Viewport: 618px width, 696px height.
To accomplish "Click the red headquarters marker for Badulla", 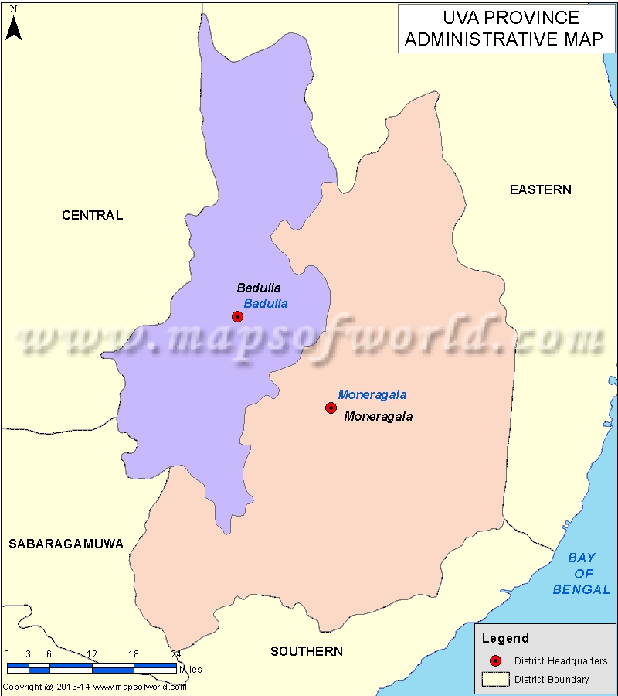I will (x=237, y=316).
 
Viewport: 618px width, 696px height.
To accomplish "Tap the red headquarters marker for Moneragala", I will (x=331, y=408).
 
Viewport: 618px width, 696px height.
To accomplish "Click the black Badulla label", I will (x=259, y=288).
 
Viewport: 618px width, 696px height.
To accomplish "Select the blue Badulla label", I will (x=266, y=303).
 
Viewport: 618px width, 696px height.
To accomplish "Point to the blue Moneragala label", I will (x=372, y=394).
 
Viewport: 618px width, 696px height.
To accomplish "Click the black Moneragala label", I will (x=379, y=416).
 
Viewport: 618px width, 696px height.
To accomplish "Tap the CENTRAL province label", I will (x=92, y=215).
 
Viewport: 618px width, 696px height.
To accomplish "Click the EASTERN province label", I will (x=541, y=189).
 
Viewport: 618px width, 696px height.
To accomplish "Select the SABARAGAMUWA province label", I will (x=66, y=544).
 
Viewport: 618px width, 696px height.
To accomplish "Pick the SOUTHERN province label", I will (x=307, y=651).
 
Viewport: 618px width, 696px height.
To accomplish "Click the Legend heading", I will (x=506, y=638).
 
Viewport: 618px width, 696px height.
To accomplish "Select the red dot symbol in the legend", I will (x=495, y=660).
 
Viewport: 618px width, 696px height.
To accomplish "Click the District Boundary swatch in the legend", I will (x=495, y=680).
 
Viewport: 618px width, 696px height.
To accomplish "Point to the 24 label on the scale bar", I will (x=175, y=654).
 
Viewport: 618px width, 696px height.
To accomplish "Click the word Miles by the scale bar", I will (x=191, y=670).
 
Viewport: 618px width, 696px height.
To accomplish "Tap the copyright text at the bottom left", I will (x=93, y=687).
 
